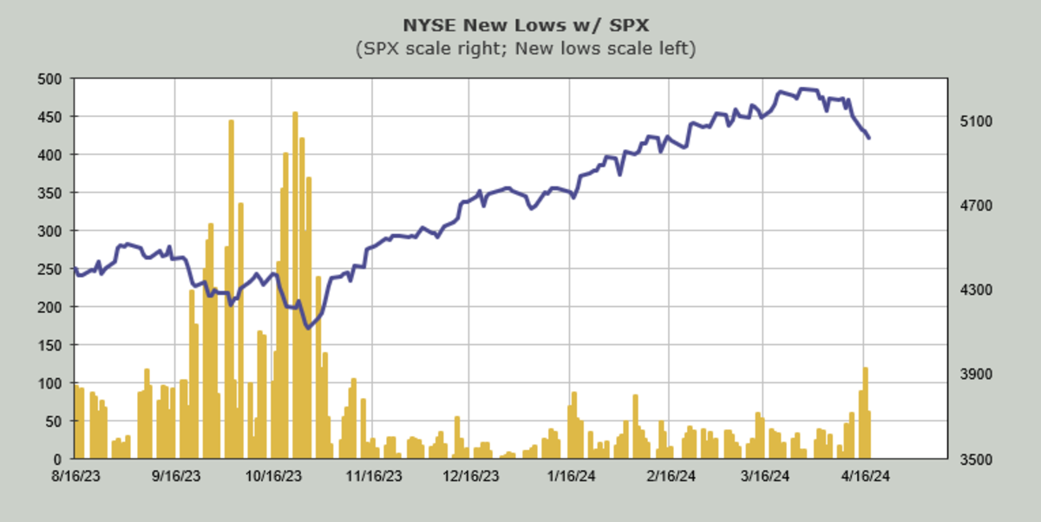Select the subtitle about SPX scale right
pyautogui.click(x=525, y=49)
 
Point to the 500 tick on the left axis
pyautogui.click(x=52, y=79)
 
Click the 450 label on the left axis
pyautogui.click(x=52, y=117)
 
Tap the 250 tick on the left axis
pyautogui.click(x=52, y=269)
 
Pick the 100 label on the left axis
pyautogui.click(x=52, y=383)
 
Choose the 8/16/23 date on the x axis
pyautogui.click(x=75, y=476)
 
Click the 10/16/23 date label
pyautogui.click(x=273, y=476)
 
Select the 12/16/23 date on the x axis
pyautogui.click(x=469, y=476)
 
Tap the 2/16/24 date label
pyautogui.click(x=669, y=476)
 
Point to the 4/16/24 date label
pyautogui.click(x=865, y=476)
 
